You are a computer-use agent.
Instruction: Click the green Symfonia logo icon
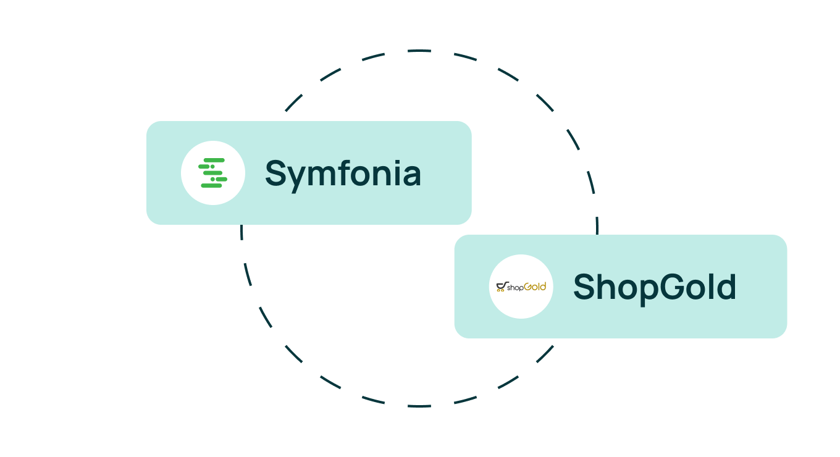(212, 173)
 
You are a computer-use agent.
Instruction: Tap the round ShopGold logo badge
(521, 287)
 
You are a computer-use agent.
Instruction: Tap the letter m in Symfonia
(324, 176)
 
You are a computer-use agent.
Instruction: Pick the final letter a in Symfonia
(413, 176)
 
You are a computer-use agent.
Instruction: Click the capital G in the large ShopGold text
(673, 287)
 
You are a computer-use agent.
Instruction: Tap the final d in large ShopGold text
(726, 287)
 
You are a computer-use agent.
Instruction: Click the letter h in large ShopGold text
(607, 286)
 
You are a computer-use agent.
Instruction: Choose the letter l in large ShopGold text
(711, 286)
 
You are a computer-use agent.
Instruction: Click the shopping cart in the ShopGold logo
(502, 287)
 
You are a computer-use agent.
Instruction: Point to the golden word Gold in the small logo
(535, 287)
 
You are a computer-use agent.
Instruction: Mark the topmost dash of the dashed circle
(419, 51)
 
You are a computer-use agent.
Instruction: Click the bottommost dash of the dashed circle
(419, 406)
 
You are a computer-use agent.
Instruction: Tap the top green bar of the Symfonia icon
(214, 160)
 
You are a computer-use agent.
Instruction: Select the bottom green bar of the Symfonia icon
(211, 185)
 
